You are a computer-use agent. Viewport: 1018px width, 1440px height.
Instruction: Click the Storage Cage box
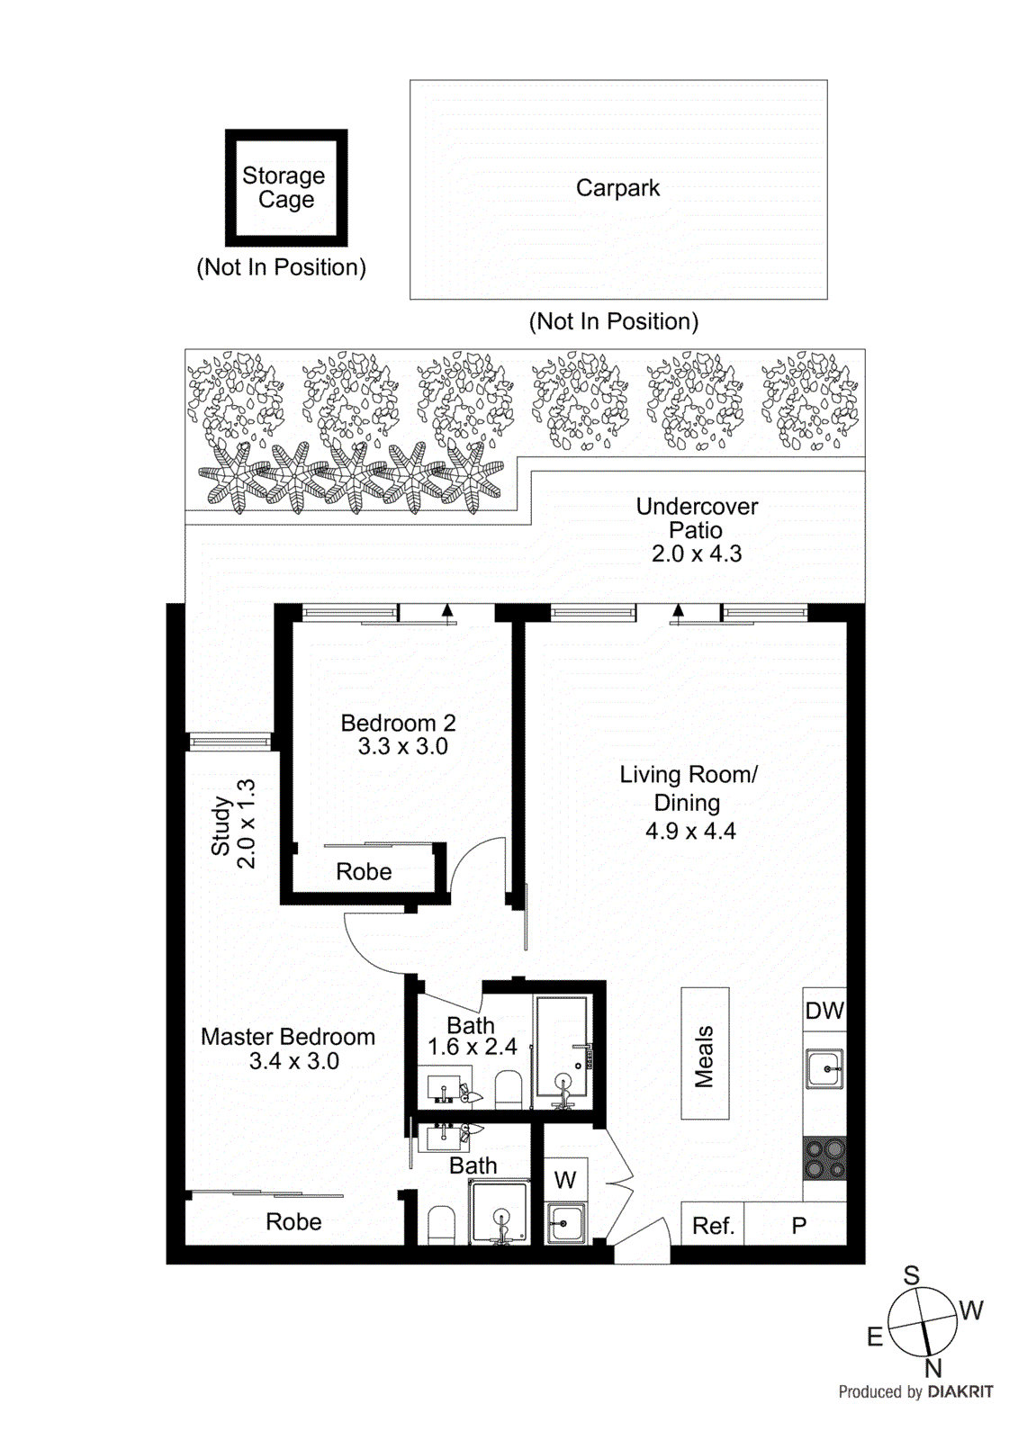285,187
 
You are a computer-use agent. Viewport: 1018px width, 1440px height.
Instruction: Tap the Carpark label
617,188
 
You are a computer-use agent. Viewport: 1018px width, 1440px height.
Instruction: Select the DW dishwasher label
824,1011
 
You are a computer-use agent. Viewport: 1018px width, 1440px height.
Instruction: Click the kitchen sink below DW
824,1069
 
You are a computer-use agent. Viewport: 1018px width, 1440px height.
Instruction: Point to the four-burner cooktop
824,1158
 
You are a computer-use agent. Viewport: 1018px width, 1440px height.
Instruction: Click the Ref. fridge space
713,1226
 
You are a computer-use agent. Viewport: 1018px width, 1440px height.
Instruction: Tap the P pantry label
798,1226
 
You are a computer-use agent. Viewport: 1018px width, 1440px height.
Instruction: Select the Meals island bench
705,1054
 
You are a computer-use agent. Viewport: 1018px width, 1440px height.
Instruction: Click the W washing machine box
565,1180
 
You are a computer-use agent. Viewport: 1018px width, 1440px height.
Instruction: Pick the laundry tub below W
567,1224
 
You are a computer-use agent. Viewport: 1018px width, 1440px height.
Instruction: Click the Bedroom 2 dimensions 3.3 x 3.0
402,747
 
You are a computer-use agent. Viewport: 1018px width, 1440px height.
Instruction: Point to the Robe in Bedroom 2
364,872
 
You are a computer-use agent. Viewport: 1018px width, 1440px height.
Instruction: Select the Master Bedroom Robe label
293,1222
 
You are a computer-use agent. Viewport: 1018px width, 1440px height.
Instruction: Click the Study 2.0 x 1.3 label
233,824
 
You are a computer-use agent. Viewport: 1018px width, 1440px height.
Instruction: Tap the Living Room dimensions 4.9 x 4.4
690,832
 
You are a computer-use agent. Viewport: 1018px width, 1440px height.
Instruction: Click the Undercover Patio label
697,518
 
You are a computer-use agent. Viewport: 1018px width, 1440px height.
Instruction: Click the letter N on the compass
933,1368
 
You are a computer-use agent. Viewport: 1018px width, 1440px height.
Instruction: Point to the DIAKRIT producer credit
959,1391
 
